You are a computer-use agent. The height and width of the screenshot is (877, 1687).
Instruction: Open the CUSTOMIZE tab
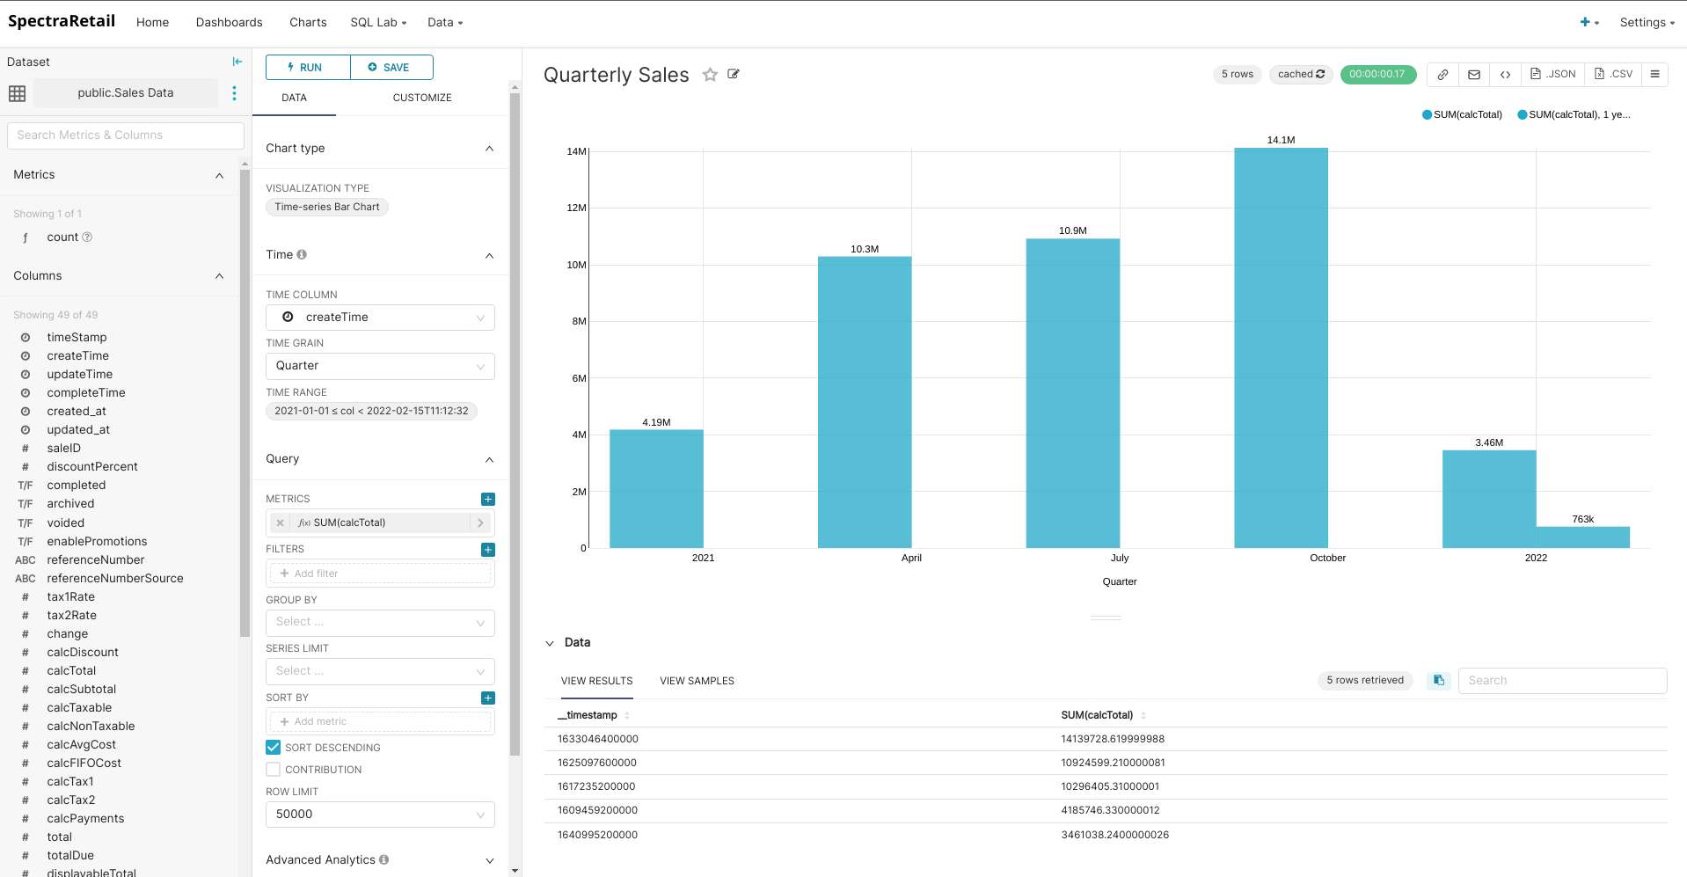pos(422,98)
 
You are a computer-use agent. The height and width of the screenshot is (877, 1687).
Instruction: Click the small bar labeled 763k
pos(1582,537)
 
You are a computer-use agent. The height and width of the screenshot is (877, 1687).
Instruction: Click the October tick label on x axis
pos(1327,558)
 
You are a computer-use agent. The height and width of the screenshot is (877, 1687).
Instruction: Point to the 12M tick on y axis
pos(576,208)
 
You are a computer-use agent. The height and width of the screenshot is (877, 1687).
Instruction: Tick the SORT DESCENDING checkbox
pos(274,748)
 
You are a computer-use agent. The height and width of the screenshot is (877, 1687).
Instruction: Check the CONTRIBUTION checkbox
pos(274,770)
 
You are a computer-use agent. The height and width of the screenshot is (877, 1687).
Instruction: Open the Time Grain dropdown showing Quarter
pos(380,366)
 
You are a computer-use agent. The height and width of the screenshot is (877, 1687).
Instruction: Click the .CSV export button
pos(1613,75)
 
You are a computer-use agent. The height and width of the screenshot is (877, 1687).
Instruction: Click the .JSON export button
pos(1553,75)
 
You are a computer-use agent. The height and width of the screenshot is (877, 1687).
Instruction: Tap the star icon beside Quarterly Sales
pos(710,75)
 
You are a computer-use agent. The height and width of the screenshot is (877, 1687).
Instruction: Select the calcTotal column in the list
pos(71,670)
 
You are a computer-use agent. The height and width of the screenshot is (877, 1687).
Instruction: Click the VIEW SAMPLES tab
pos(697,681)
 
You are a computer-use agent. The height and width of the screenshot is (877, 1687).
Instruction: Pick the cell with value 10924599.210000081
pos(1113,763)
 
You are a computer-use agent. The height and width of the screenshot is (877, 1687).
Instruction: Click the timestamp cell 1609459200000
pos(597,810)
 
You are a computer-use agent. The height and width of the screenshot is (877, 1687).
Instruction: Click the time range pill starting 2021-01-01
pos(371,411)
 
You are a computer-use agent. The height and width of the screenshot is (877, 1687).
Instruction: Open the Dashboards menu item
pos(229,22)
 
